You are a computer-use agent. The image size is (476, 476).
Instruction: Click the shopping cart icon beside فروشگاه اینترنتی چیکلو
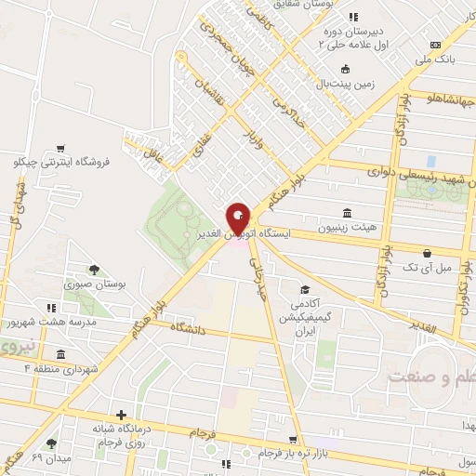(60, 148)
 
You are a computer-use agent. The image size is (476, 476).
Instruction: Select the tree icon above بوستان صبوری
(94, 269)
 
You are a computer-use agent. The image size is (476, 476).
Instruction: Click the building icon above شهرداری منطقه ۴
(60, 354)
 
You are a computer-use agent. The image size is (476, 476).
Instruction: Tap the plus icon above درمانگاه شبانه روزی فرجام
(120, 415)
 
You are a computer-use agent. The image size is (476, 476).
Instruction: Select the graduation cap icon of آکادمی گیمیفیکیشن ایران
(304, 289)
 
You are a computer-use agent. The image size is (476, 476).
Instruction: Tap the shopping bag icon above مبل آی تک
(427, 253)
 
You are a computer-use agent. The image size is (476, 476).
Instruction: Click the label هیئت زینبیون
(347, 227)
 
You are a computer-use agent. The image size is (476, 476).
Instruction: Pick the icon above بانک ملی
(435, 46)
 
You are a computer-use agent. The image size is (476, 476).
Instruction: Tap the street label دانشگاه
(194, 326)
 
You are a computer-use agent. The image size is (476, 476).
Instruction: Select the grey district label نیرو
(17, 347)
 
